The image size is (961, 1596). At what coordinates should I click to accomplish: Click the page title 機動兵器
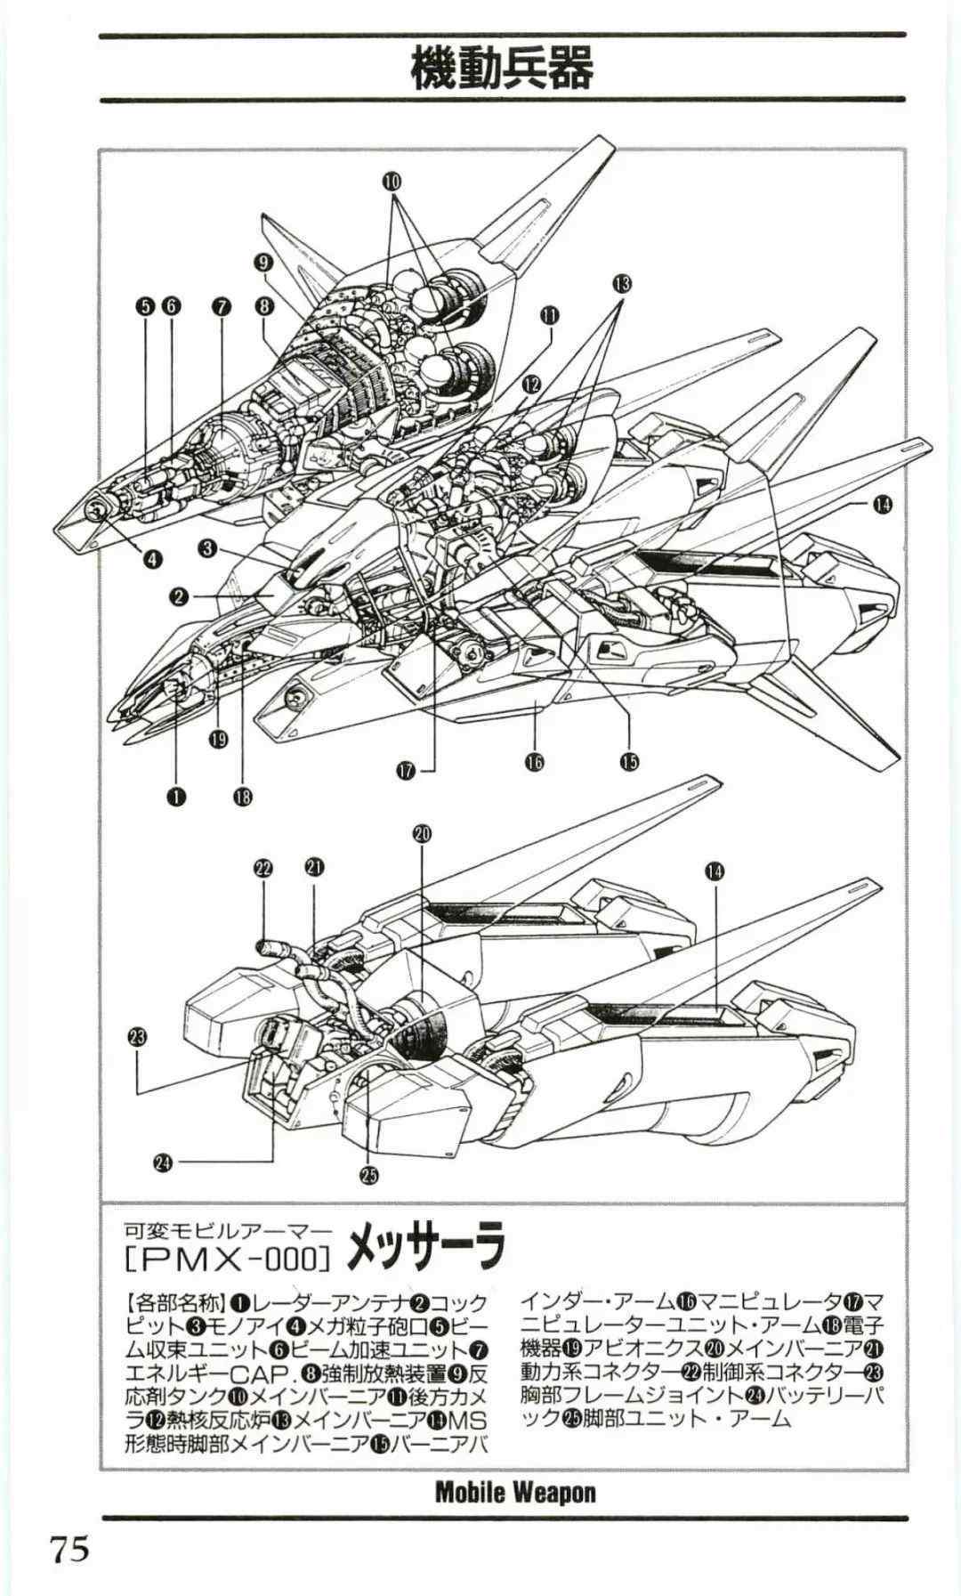pyautogui.click(x=502, y=68)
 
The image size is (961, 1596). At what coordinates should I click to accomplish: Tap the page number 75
pyautogui.click(x=70, y=1551)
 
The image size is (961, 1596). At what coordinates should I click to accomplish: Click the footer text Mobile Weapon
pyautogui.click(x=516, y=1493)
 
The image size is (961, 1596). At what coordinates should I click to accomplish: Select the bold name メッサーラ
pyautogui.click(x=425, y=1249)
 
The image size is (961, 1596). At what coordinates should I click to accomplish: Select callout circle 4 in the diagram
pyautogui.click(x=152, y=559)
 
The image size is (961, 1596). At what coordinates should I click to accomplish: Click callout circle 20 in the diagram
pyautogui.click(x=422, y=833)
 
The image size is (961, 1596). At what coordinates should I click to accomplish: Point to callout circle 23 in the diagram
pyautogui.click(x=137, y=1036)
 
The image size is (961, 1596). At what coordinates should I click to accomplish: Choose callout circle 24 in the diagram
pyautogui.click(x=162, y=1161)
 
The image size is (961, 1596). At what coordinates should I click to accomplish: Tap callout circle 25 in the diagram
pyautogui.click(x=368, y=1175)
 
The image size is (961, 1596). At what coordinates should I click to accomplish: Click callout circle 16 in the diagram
pyautogui.click(x=534, y=761)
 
